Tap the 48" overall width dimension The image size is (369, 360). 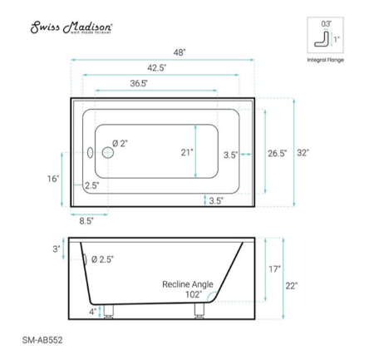tap(179, 52)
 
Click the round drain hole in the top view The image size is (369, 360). tap(106, 153)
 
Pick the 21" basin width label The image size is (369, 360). tap(186, 152)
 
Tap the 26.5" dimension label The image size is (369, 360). tap(277, 153)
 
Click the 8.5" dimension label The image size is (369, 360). tap(86, 220)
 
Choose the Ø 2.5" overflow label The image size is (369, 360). tap(102, 259)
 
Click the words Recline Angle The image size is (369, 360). tap(187, 284)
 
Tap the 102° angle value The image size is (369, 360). tap(194, 295)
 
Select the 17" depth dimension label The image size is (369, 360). tap(274, 269)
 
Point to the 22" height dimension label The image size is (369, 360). tap(292, 285)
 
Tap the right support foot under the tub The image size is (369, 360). tap(199, 311)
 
